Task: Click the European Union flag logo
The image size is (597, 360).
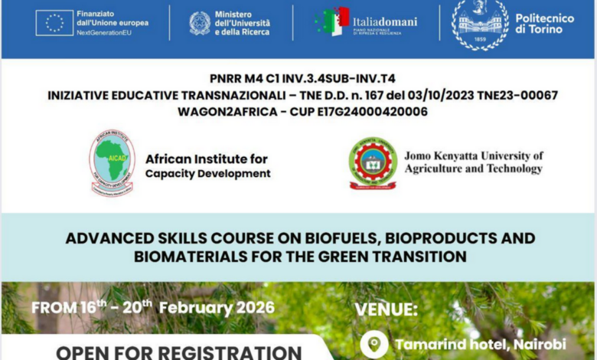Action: coord(54,23)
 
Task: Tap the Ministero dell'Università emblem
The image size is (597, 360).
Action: coord(200,23)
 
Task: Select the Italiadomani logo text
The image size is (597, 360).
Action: coord(385,21)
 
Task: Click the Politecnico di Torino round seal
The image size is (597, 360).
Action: coord(480,23)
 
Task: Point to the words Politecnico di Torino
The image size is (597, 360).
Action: coord(544,23)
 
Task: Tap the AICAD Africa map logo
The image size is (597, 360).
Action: coord(112,162)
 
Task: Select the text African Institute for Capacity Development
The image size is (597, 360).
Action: coord(207,166)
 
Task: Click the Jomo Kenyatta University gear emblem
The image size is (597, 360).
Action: coord(373,162)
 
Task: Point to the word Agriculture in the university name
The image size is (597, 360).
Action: coord(434,169)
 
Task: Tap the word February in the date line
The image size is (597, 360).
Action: coord(194,309)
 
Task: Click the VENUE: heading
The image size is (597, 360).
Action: coord(386,310)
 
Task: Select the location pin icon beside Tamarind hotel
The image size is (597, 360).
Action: coord(374,344)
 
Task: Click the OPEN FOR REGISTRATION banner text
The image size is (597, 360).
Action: coord(179,352)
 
